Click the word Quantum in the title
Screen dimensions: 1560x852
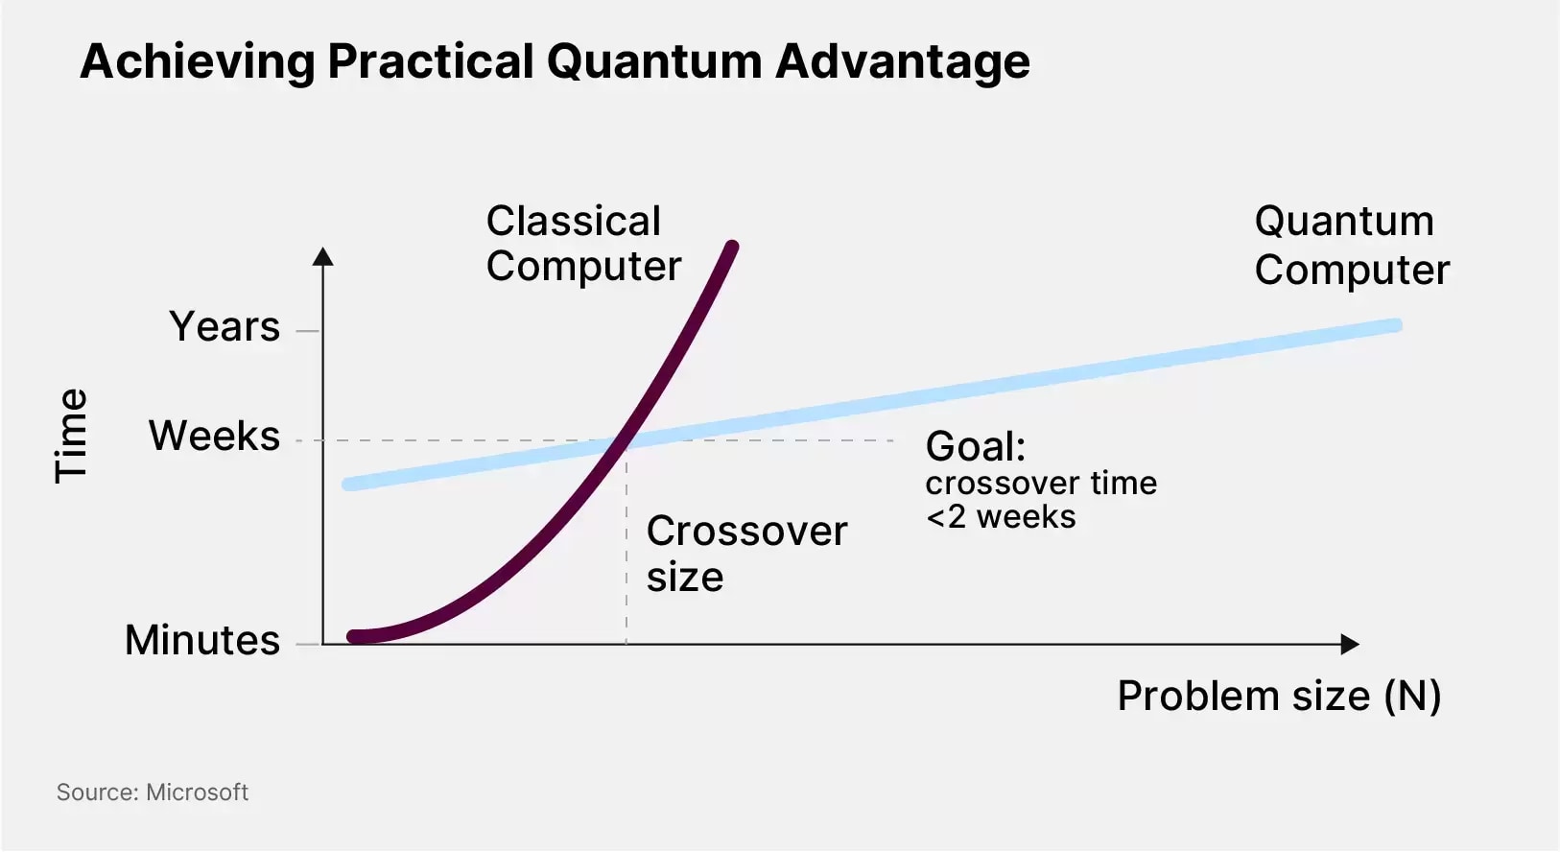[x=655, y=61]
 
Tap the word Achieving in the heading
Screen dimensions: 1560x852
[x=198, y=62]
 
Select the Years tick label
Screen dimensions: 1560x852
[x=225, y=326]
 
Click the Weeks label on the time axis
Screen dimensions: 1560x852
[x=214, y=436]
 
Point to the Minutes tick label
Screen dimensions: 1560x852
[x=202, y=640]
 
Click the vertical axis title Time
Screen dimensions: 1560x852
[x=71, y=436]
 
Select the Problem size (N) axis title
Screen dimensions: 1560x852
[x=1279, y=696]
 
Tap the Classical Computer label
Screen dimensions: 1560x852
[x=583, y=244]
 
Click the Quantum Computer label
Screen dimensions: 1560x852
[x=1352, y=246]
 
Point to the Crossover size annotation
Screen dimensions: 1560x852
[x=746, y=554]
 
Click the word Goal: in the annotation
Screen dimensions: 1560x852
[x=975, y=446]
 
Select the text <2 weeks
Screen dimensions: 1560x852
[x=1001, y=517]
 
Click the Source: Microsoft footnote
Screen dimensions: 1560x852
[x=152, y=793]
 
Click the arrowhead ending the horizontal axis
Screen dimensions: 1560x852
[x=1351, y=645]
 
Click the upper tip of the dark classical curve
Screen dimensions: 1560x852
[x=733, y=246]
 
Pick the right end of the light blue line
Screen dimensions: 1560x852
[x=1396, y=325]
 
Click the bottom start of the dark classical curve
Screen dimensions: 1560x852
[x=353, y=636]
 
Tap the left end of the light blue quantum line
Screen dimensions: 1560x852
[x=348, y=485]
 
